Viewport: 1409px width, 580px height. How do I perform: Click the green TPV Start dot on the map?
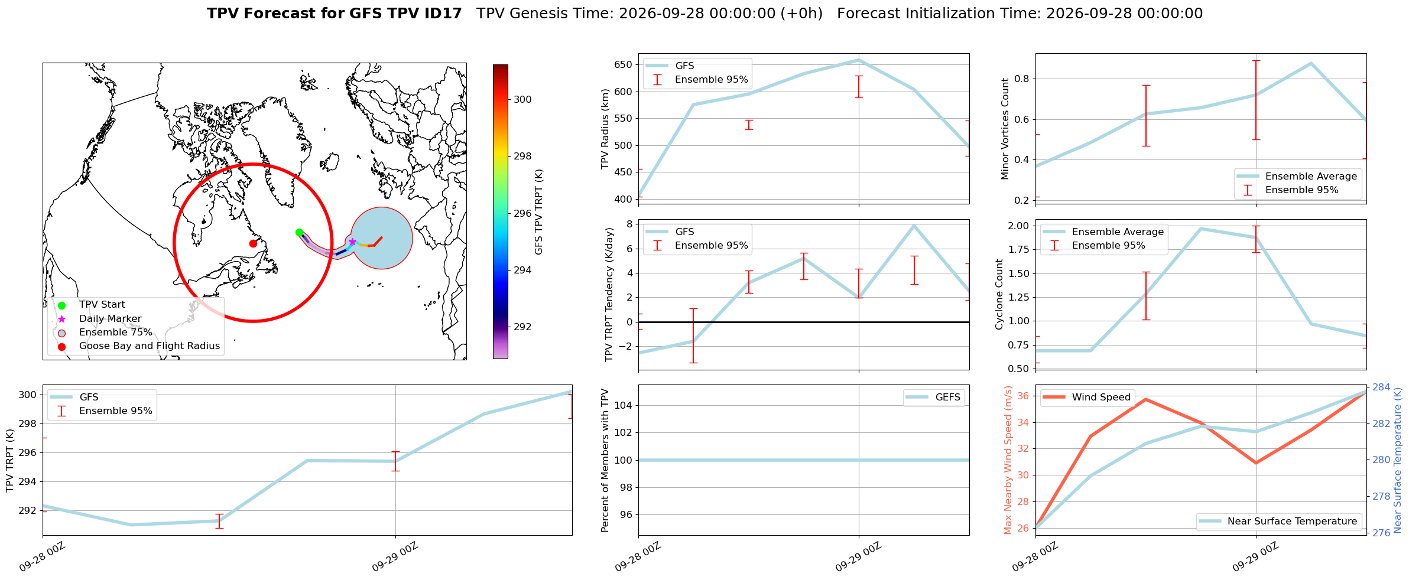click(299, 232)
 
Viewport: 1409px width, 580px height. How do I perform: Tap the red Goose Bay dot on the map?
click(253, 243)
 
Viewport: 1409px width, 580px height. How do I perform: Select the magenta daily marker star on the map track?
click(352, 242)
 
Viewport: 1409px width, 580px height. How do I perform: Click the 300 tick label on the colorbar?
click(522, 99)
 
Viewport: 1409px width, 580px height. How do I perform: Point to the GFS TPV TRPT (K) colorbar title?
click(538, 212)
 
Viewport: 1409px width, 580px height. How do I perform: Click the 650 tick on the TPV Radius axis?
click(624, 64)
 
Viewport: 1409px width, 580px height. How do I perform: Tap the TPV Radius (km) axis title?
click(605, 129)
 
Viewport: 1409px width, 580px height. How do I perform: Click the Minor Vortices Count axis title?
click(1005, 128)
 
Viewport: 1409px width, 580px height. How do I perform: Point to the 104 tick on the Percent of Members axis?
click(624, 405)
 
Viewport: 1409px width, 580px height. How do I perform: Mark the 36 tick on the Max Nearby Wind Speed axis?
click(1024, 396)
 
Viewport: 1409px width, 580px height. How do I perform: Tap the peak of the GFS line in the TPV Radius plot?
click(859, 60)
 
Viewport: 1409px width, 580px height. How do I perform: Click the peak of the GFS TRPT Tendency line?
click(914, 226)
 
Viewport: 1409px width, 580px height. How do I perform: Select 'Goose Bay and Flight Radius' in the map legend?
click(150, 346)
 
